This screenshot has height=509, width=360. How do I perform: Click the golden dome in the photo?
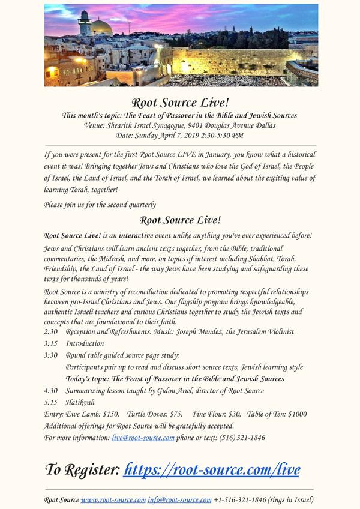101,27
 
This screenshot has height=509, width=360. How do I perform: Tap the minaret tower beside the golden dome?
84,24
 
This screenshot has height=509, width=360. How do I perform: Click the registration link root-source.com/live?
212,469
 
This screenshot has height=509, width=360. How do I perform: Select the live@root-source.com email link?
143,438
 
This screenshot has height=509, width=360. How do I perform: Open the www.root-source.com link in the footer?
113,499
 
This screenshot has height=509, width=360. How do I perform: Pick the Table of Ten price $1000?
298,414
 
